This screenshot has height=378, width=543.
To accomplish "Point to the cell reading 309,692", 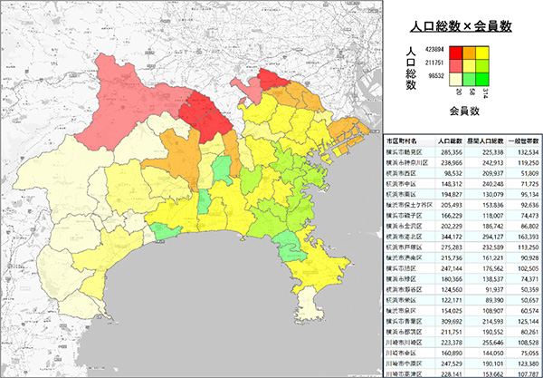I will pyautogui.click(x=452, y=321).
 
